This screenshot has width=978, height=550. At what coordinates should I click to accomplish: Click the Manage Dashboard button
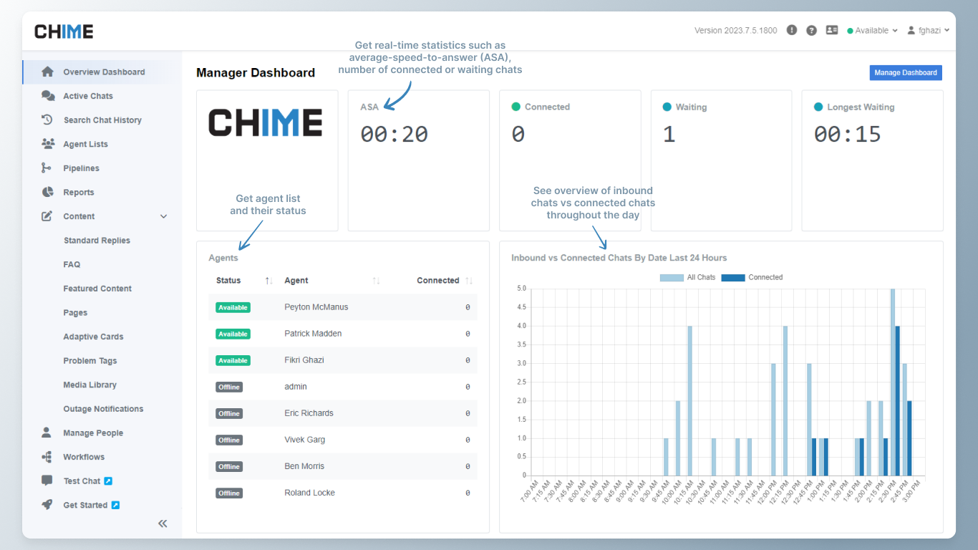[x=905, y=72]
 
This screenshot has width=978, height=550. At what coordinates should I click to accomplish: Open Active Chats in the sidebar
[x=87, y=96]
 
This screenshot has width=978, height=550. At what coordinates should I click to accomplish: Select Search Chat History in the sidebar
[x=102, y=120]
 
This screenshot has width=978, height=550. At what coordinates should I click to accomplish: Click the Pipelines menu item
[x=81, y=168]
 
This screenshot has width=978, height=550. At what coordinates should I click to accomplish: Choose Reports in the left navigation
[x=78, y=192]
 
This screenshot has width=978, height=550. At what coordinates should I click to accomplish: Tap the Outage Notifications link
[x=103, y=409]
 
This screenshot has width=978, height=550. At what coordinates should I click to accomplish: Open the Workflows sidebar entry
[x=83, y=457]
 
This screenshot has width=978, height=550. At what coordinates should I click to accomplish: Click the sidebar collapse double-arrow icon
[x=163, y=524]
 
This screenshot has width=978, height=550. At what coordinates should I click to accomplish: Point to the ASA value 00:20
[x=394, y=134]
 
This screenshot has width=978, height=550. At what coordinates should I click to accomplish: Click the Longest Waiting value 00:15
[x=848, y=134]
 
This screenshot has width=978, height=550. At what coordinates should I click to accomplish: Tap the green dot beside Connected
[x=515, y=107]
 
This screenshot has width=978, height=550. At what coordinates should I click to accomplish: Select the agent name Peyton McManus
[x=316, y=307]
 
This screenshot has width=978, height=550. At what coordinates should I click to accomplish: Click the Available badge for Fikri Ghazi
[x=233, y=360]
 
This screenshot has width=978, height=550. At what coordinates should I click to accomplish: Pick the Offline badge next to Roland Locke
[x=229, y=493]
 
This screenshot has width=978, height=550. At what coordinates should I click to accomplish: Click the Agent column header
[x=296, y=281]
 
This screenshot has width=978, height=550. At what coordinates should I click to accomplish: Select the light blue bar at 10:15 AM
[x=689, y=400]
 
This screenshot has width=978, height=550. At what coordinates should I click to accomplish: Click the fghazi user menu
[x=928, y=31]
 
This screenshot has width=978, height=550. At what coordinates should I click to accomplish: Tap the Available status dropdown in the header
[x=872, y=31]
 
